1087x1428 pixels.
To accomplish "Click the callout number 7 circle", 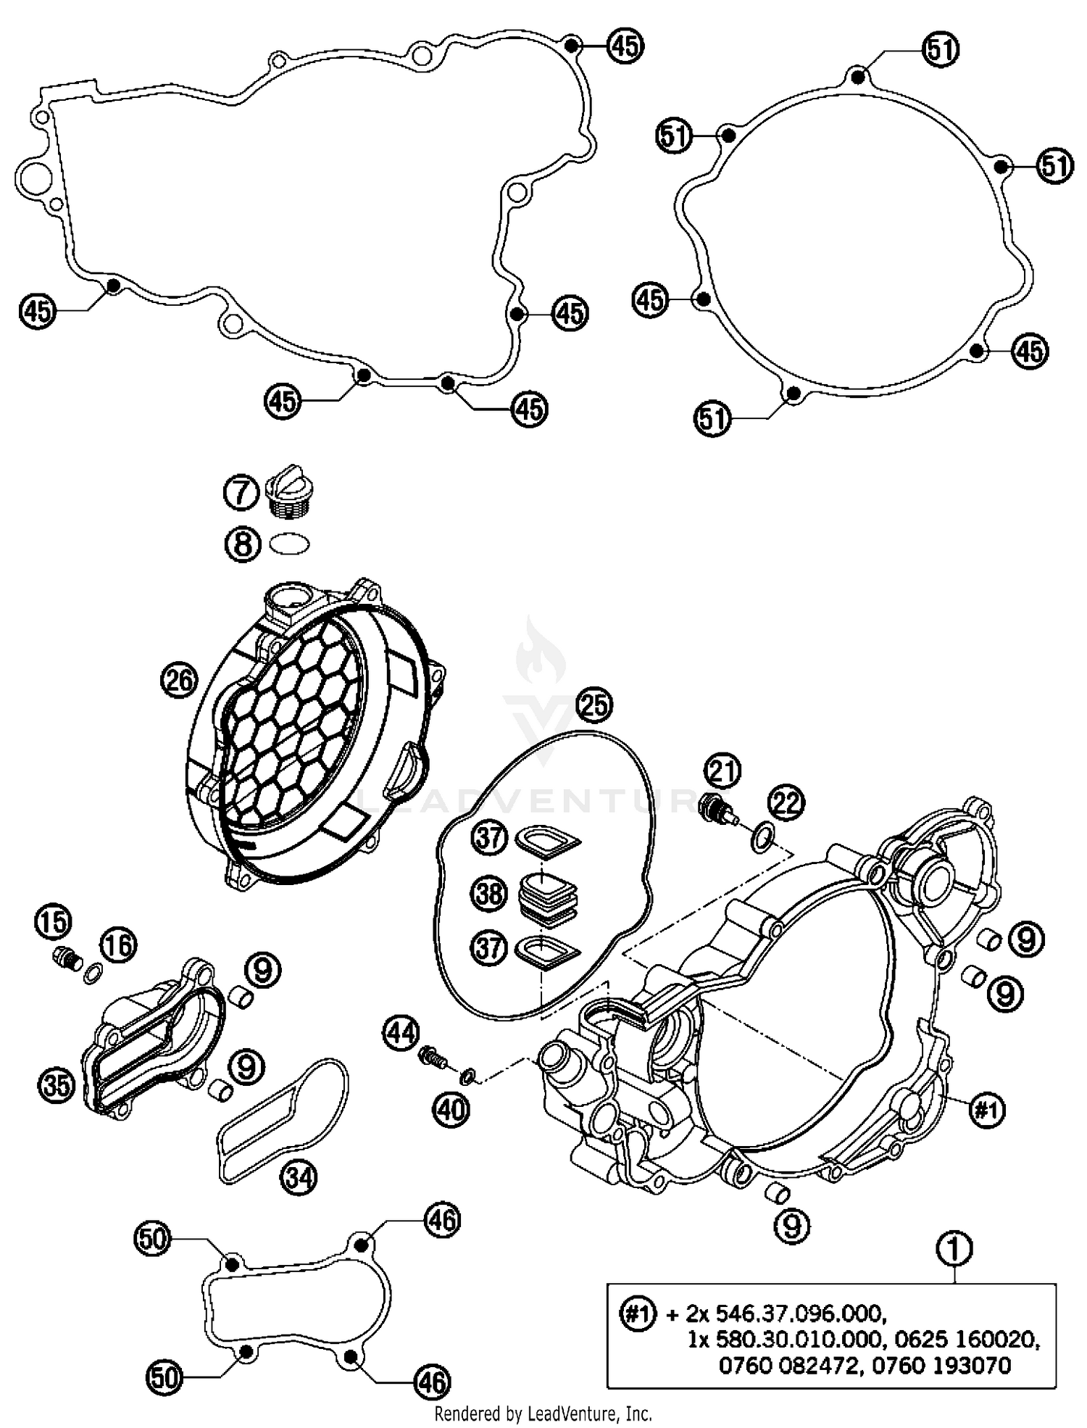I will (241, 494).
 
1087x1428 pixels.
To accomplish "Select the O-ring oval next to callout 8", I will (289, 544).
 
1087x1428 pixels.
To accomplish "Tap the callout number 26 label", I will (178, 680).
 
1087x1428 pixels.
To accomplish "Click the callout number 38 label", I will (489, 893).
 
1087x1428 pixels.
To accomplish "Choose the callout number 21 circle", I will (722, 771).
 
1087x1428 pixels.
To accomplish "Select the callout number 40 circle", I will (451, 1108).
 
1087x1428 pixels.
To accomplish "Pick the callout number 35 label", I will (57, 1085).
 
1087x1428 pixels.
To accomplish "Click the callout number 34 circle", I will (299, 1178).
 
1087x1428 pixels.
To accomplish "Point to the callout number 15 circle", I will (53, 922).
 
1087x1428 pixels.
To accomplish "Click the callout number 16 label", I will (119, 945).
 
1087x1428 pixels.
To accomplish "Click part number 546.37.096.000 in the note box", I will (799, 1313).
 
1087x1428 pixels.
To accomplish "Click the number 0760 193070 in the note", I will (941, 1366).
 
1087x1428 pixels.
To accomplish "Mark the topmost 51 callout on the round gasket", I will (940, 50).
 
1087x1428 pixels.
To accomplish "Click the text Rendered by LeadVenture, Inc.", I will (543, 1413).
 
